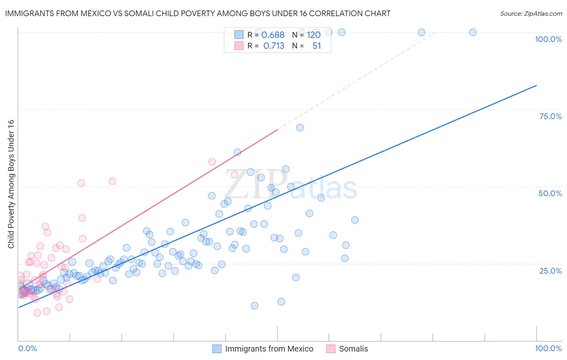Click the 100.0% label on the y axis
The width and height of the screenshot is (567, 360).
coord(548,39)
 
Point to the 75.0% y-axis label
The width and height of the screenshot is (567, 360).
coord(550,116)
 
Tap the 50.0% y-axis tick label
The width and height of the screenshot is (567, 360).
coord(550,193)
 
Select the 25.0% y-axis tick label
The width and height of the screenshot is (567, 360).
coord(550,271)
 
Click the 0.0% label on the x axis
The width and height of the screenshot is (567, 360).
coord(27,348)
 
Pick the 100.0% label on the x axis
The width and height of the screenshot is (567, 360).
coord(548,348)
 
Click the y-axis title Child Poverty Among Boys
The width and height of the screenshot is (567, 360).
coord(11,184)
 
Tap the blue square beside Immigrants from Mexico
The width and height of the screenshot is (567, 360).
coord(217,349)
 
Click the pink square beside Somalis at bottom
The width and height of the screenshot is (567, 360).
coord(331,349)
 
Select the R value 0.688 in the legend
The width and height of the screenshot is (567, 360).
coord(273,35)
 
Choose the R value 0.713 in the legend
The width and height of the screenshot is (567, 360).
coord(273,46)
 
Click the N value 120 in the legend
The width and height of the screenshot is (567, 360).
coord(313,35)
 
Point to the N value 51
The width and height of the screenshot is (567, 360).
coord(317,46)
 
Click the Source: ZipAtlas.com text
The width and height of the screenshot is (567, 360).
coord(531,14)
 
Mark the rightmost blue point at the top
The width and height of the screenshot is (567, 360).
coord(473,32)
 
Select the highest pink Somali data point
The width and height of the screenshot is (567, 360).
coord(212,162)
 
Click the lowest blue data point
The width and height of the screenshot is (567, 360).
coord(254,306)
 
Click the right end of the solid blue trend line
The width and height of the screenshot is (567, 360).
coord(536,86)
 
